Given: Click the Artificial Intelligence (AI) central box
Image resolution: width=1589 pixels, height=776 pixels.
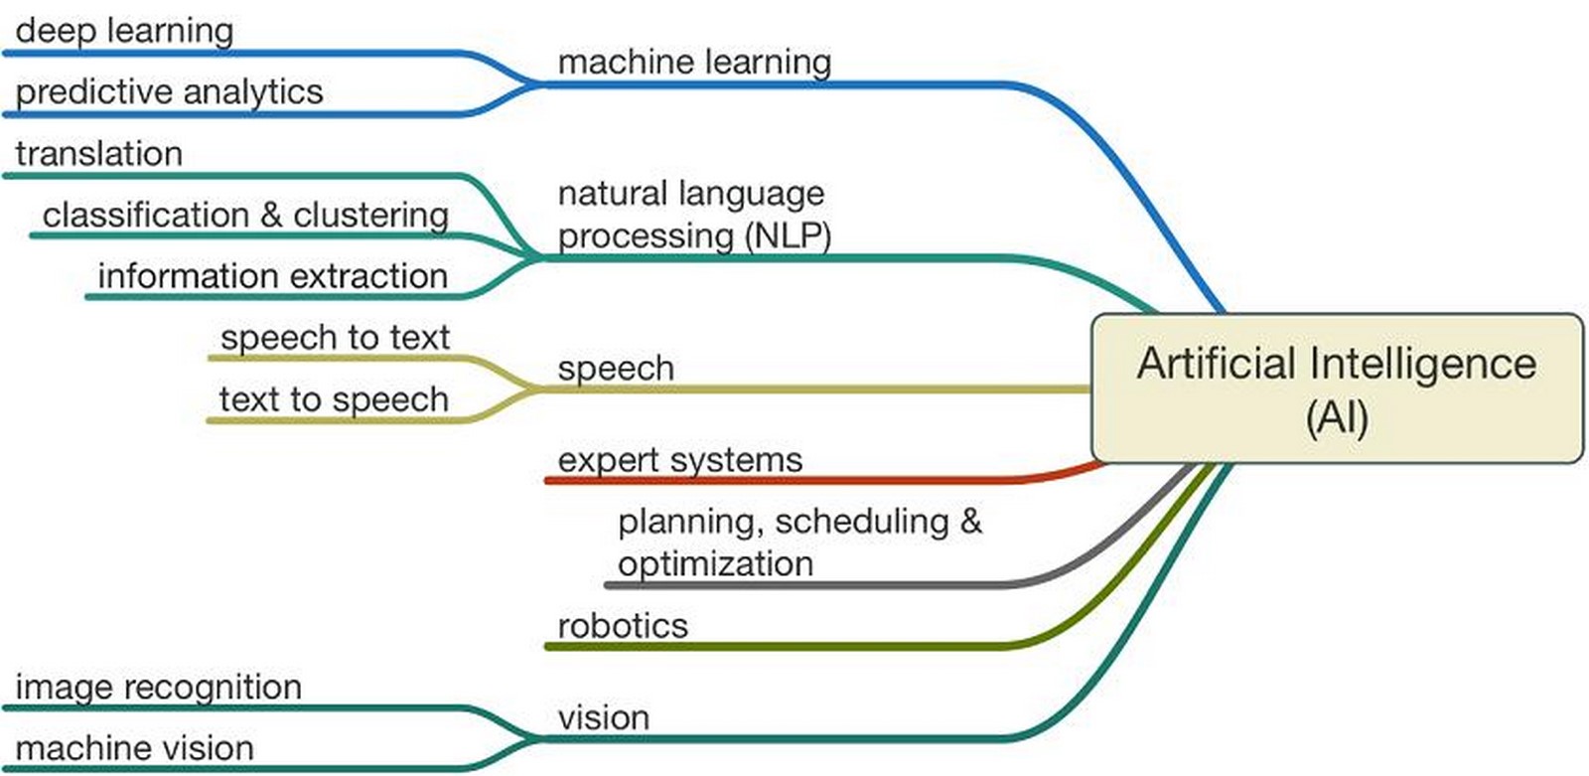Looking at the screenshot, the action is [x=1338, y=388].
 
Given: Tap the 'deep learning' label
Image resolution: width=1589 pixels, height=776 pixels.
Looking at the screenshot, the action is [x=125, y=31].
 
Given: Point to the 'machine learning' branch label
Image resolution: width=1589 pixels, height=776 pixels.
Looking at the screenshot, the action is [x=694, y=63].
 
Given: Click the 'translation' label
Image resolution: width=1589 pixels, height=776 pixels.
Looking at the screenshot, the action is [x=99, y=153].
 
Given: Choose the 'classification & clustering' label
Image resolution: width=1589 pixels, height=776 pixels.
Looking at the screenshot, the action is [x=245, y=216].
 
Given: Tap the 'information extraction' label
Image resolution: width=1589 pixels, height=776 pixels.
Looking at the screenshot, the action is [x=273, y=276].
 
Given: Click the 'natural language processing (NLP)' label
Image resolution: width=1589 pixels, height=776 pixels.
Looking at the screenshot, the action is [x=694, y=216].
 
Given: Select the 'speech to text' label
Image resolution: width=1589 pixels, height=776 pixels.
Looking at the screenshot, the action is [x=335, y=338].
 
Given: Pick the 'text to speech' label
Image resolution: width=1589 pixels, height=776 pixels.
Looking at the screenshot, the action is [x=334, y=399].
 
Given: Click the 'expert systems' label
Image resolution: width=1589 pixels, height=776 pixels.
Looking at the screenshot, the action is [x=680, y=460].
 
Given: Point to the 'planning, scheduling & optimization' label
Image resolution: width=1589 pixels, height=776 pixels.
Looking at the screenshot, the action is [x=800, y=543].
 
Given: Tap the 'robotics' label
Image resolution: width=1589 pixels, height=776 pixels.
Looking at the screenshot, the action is [x=623, y=626].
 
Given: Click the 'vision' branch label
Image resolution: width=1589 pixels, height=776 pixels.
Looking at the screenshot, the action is [x=604, y=717].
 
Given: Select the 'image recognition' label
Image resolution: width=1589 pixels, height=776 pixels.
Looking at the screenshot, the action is [x=159, y=688].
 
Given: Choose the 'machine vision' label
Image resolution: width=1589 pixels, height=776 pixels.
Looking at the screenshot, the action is [x=135, y=748].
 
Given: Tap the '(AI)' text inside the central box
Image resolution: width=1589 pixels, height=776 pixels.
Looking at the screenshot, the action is [x=1337, y=417].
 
